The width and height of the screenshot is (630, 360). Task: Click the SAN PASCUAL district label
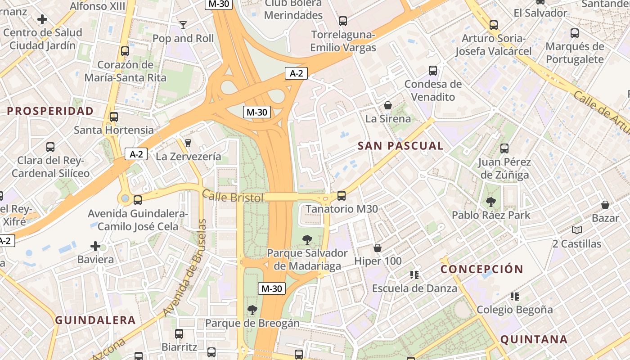(x=400, y=146)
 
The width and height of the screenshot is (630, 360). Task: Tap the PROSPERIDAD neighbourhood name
(x=50, y=111)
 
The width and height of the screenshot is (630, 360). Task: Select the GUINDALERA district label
(x=95, y=320)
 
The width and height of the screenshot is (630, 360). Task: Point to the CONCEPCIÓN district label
(x=481, y=270)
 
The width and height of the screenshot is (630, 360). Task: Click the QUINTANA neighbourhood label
(x=534, y=339)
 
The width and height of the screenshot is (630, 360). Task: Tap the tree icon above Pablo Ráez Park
(x=491, y=202)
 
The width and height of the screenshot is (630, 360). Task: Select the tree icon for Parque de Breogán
(x=252, y=310)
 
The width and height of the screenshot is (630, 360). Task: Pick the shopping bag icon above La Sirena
(x=388, y=106)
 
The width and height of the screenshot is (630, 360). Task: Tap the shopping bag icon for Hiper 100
(x=378, y=248)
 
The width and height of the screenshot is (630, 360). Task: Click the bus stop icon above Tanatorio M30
(x=342, y=196)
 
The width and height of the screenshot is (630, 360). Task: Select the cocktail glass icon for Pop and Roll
(x=183, y=25)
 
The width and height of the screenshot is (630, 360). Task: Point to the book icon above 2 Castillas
(x=577, y=230)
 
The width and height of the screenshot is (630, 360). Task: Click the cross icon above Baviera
(x=95, y=246)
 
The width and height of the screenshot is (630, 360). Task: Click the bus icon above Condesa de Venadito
(x=433, y=71)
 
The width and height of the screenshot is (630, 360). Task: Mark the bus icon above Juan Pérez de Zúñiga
(x=504, y=148)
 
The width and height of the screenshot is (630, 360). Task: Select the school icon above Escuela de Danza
(x=414, y=275)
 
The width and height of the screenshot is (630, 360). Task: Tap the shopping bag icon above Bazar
(x=605, y=205)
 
